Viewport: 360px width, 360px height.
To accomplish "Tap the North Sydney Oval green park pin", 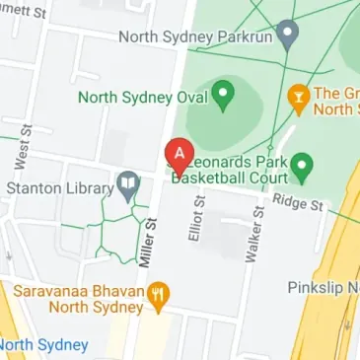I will (x=223, y=96).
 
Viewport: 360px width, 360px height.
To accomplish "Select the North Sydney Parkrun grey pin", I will (x=287, y=37).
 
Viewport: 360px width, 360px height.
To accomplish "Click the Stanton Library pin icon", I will (x=126, y=183).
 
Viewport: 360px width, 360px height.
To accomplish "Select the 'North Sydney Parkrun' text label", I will (x=194, y=37).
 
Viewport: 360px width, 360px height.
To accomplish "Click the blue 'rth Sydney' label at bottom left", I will (x=44, y=345).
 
